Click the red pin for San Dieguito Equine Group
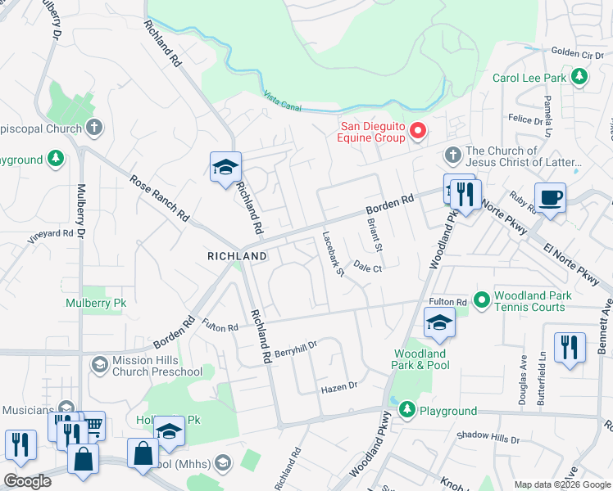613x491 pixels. [418, 131]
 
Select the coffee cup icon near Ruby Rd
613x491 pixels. [550, 198]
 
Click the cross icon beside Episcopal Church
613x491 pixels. [94, 128]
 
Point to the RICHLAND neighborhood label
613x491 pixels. [237, 256]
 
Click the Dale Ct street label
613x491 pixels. [369, 267]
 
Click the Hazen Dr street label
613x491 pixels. [339, 385]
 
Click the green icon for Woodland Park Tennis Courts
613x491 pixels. [481, 301]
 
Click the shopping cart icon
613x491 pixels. [93, 425]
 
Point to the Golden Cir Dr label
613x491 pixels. [576, 52]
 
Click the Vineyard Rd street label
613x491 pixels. [51, 233]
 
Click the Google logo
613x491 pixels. [27, 481]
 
